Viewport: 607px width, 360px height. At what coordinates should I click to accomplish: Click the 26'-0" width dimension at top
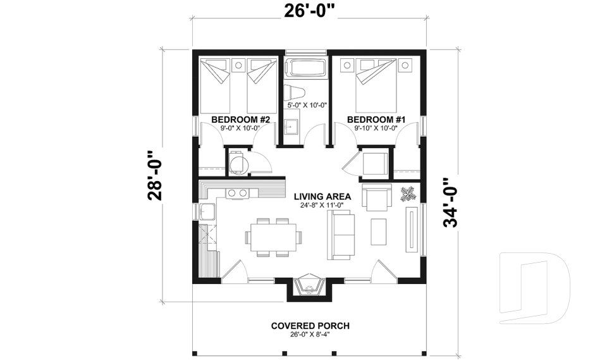309,11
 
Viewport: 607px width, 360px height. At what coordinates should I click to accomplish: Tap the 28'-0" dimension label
156,175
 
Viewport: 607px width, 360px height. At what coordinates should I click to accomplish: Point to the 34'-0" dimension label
451,202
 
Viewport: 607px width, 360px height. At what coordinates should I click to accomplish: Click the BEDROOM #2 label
240,120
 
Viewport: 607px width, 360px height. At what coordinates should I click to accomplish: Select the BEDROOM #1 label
376,120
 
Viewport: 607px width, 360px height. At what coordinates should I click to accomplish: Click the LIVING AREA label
322,197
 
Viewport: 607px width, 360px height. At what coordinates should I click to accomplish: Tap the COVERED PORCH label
310,326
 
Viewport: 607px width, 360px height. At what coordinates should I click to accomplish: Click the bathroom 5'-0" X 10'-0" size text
307,105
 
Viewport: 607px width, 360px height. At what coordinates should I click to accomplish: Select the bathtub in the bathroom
306,68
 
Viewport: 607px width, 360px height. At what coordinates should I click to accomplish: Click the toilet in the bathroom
294,93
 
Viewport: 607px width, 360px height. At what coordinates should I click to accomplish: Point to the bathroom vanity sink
291,126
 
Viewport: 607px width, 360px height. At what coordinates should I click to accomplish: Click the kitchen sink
207,211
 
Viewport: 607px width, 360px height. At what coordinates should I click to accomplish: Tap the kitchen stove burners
237,192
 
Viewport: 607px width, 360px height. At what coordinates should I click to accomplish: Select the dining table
274,237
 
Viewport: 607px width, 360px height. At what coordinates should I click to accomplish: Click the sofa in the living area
341,235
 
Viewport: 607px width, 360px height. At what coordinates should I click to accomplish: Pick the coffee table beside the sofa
379,232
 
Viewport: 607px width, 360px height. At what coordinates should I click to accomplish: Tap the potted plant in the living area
408,194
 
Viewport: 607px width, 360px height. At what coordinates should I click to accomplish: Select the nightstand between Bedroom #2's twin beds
239,65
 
